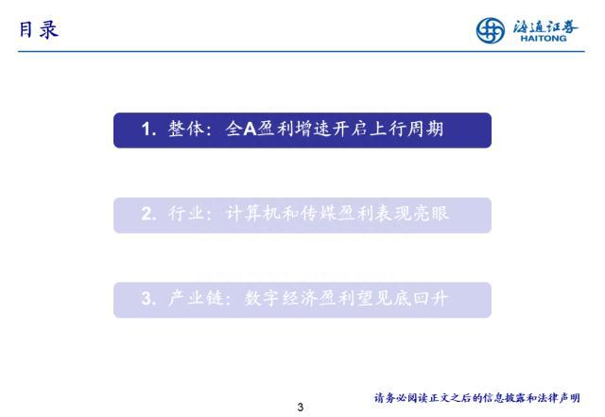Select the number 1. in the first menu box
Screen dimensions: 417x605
click(x=149, y=130)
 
